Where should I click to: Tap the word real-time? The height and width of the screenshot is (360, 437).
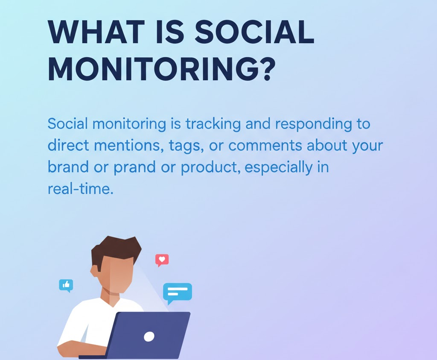(x=80, y=188)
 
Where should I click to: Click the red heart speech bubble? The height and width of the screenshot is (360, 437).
(x=162, y=259)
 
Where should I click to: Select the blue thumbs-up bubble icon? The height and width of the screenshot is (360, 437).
(x=66, y=285)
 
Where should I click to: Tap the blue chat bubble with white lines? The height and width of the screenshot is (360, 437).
(x=177, y=293)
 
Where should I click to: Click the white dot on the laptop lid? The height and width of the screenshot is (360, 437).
(x=149, y=337)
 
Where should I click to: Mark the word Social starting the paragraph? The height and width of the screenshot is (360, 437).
(x=68, y=124)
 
